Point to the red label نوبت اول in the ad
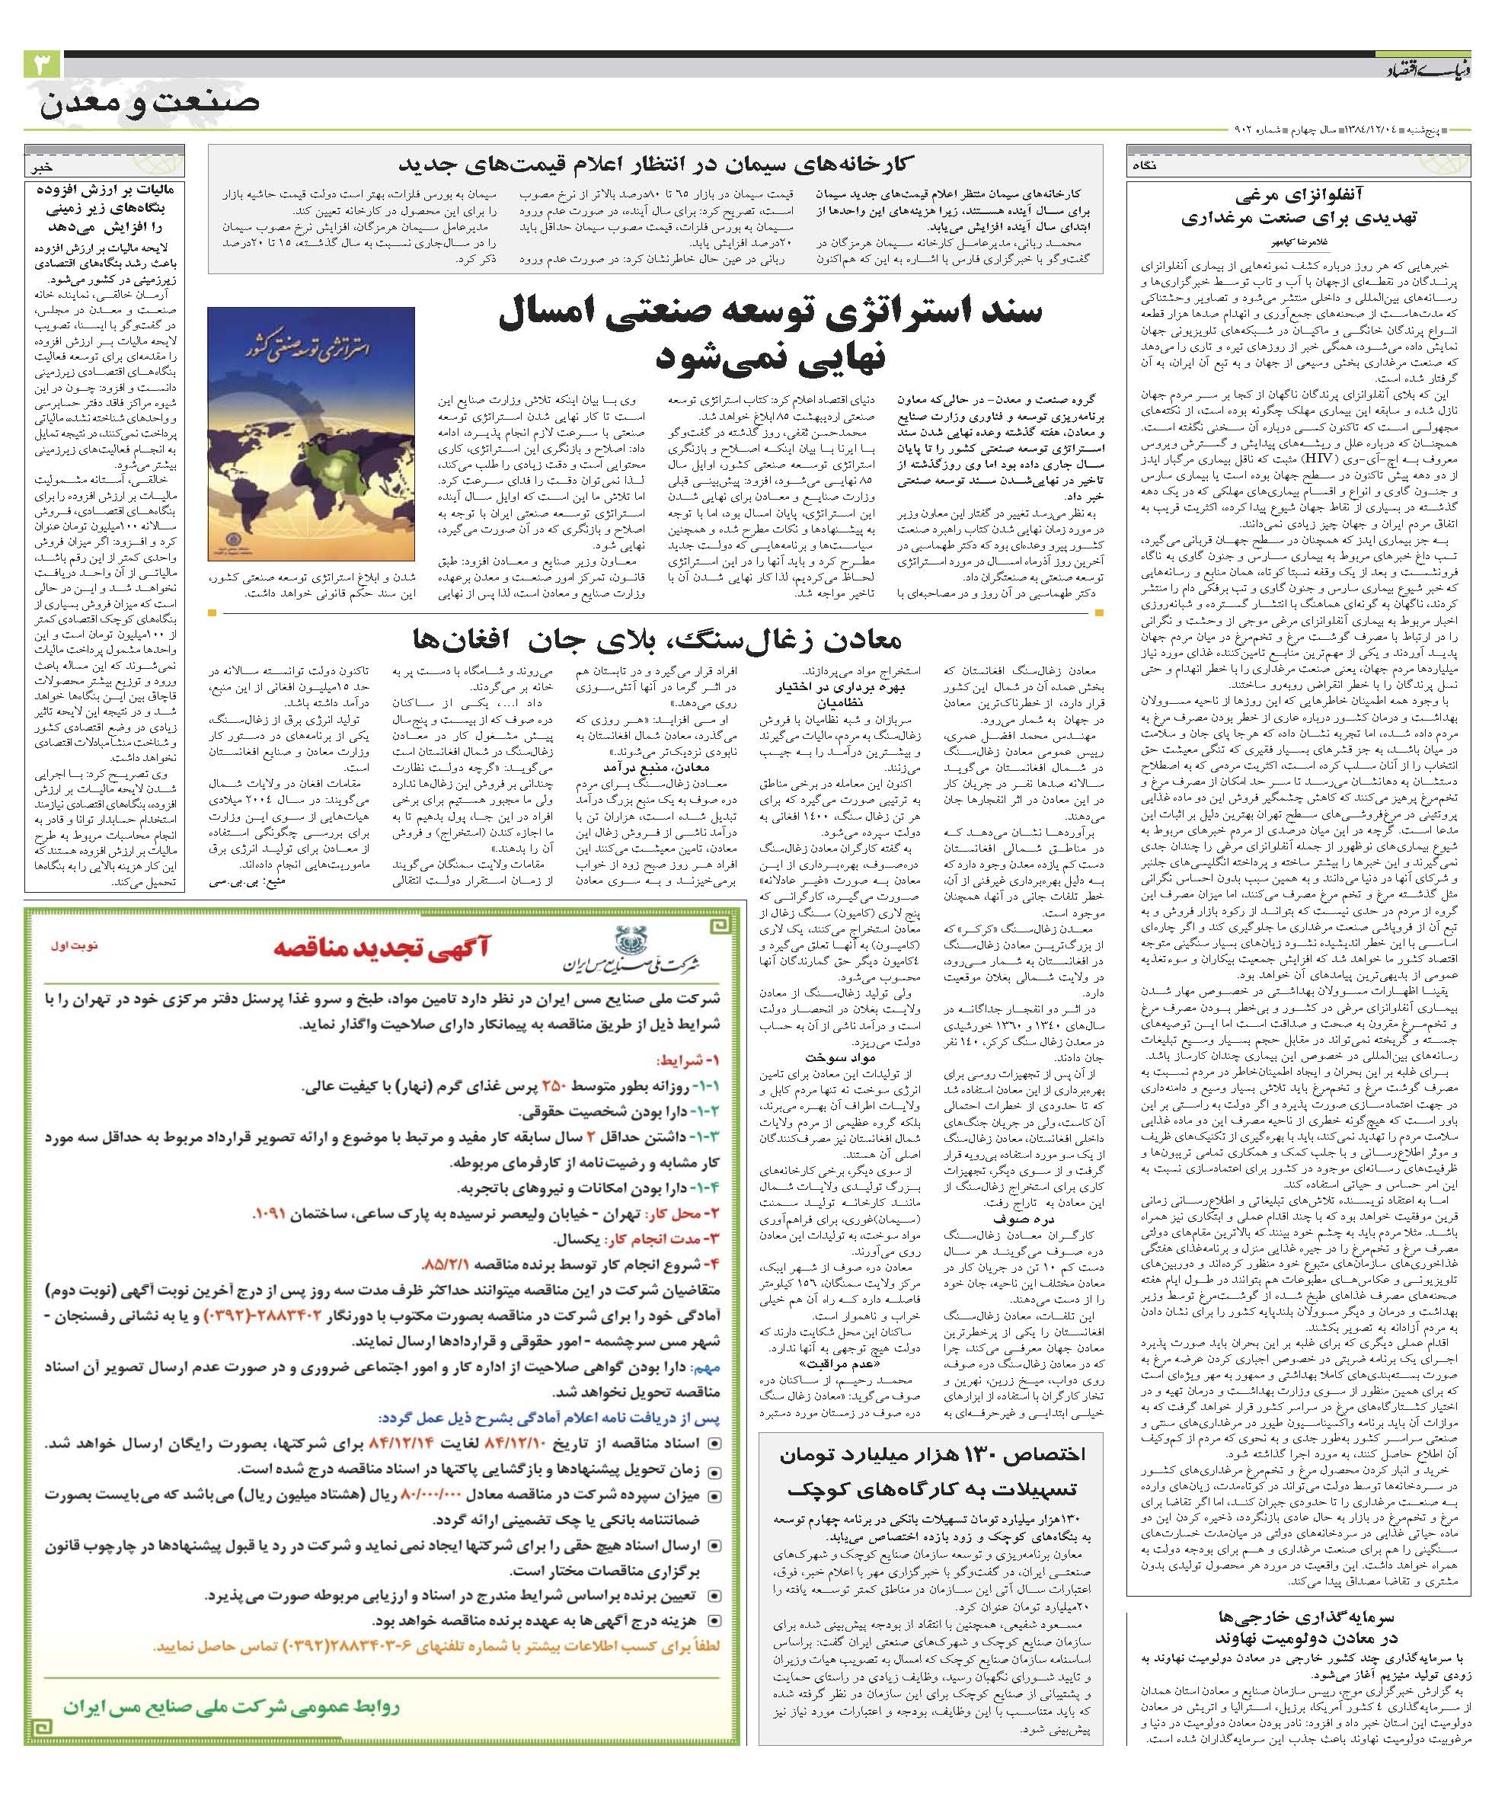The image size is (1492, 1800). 83,946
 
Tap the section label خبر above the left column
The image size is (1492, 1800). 42,169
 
